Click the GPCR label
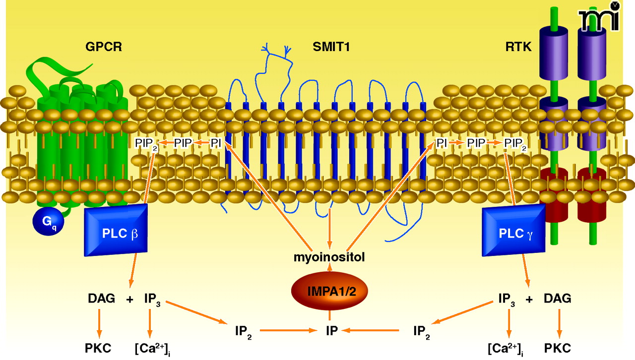click(103, 47)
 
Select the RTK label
click(518, 47)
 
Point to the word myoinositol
click(329, 258)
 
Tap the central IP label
click(331, 330)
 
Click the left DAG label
click(101, 299)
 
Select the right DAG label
click(557, 299)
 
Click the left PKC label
click(98, 348)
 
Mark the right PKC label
click(560, 348)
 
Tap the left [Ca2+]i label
click(150, 348)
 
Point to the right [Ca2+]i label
click(506, 348)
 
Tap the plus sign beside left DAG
click(130, 299)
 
